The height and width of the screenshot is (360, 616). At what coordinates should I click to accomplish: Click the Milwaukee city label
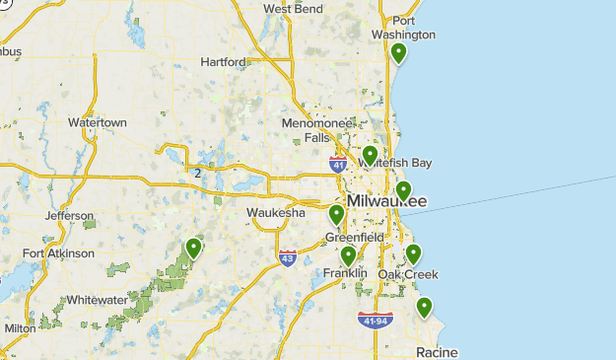pyautogui.click(x=387, y=201)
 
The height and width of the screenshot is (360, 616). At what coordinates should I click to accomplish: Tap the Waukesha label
pyautogui.click(x=276, y=212)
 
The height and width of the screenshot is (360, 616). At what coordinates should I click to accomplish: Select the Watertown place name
pyautogui.click(x=98, y=122)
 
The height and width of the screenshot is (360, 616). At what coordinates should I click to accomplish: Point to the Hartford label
pyautogui.click(x=223, y=61)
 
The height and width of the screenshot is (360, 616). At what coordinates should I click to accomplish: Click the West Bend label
pyautogui.click(x=293, y=9)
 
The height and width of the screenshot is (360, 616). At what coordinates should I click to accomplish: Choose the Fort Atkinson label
pyautogui.click(x=59, y=253)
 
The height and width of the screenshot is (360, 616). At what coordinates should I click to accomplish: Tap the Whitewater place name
pyautogui.click(x=97, y=300)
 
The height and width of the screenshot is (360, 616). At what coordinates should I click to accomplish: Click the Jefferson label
pyautogui.click(x=69, y=216)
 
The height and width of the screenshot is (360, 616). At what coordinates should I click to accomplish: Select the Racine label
pyautogui.click(x=437, y=352)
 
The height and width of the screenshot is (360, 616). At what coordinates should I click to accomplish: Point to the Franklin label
pyautogui.click(x=344, y=272)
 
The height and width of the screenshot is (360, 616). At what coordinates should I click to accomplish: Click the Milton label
pyautogui.click(x=20, y=328)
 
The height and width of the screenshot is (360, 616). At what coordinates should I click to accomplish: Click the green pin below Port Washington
pyautogui.click(x=398, y=53)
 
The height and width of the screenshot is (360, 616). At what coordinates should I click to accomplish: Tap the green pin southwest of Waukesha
pyautogui.click(x=194, y=248)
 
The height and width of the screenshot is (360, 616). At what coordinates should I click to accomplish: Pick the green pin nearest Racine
pyautogui.click(x=424, y=307)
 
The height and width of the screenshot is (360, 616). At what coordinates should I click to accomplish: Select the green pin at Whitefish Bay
pyautogui.click(x=370, y=155)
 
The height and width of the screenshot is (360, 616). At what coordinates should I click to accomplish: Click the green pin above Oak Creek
pyautogui.click(x=413, y=253)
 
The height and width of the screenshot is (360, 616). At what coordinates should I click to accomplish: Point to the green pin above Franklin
pyautogui.click(x=348, y=255)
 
